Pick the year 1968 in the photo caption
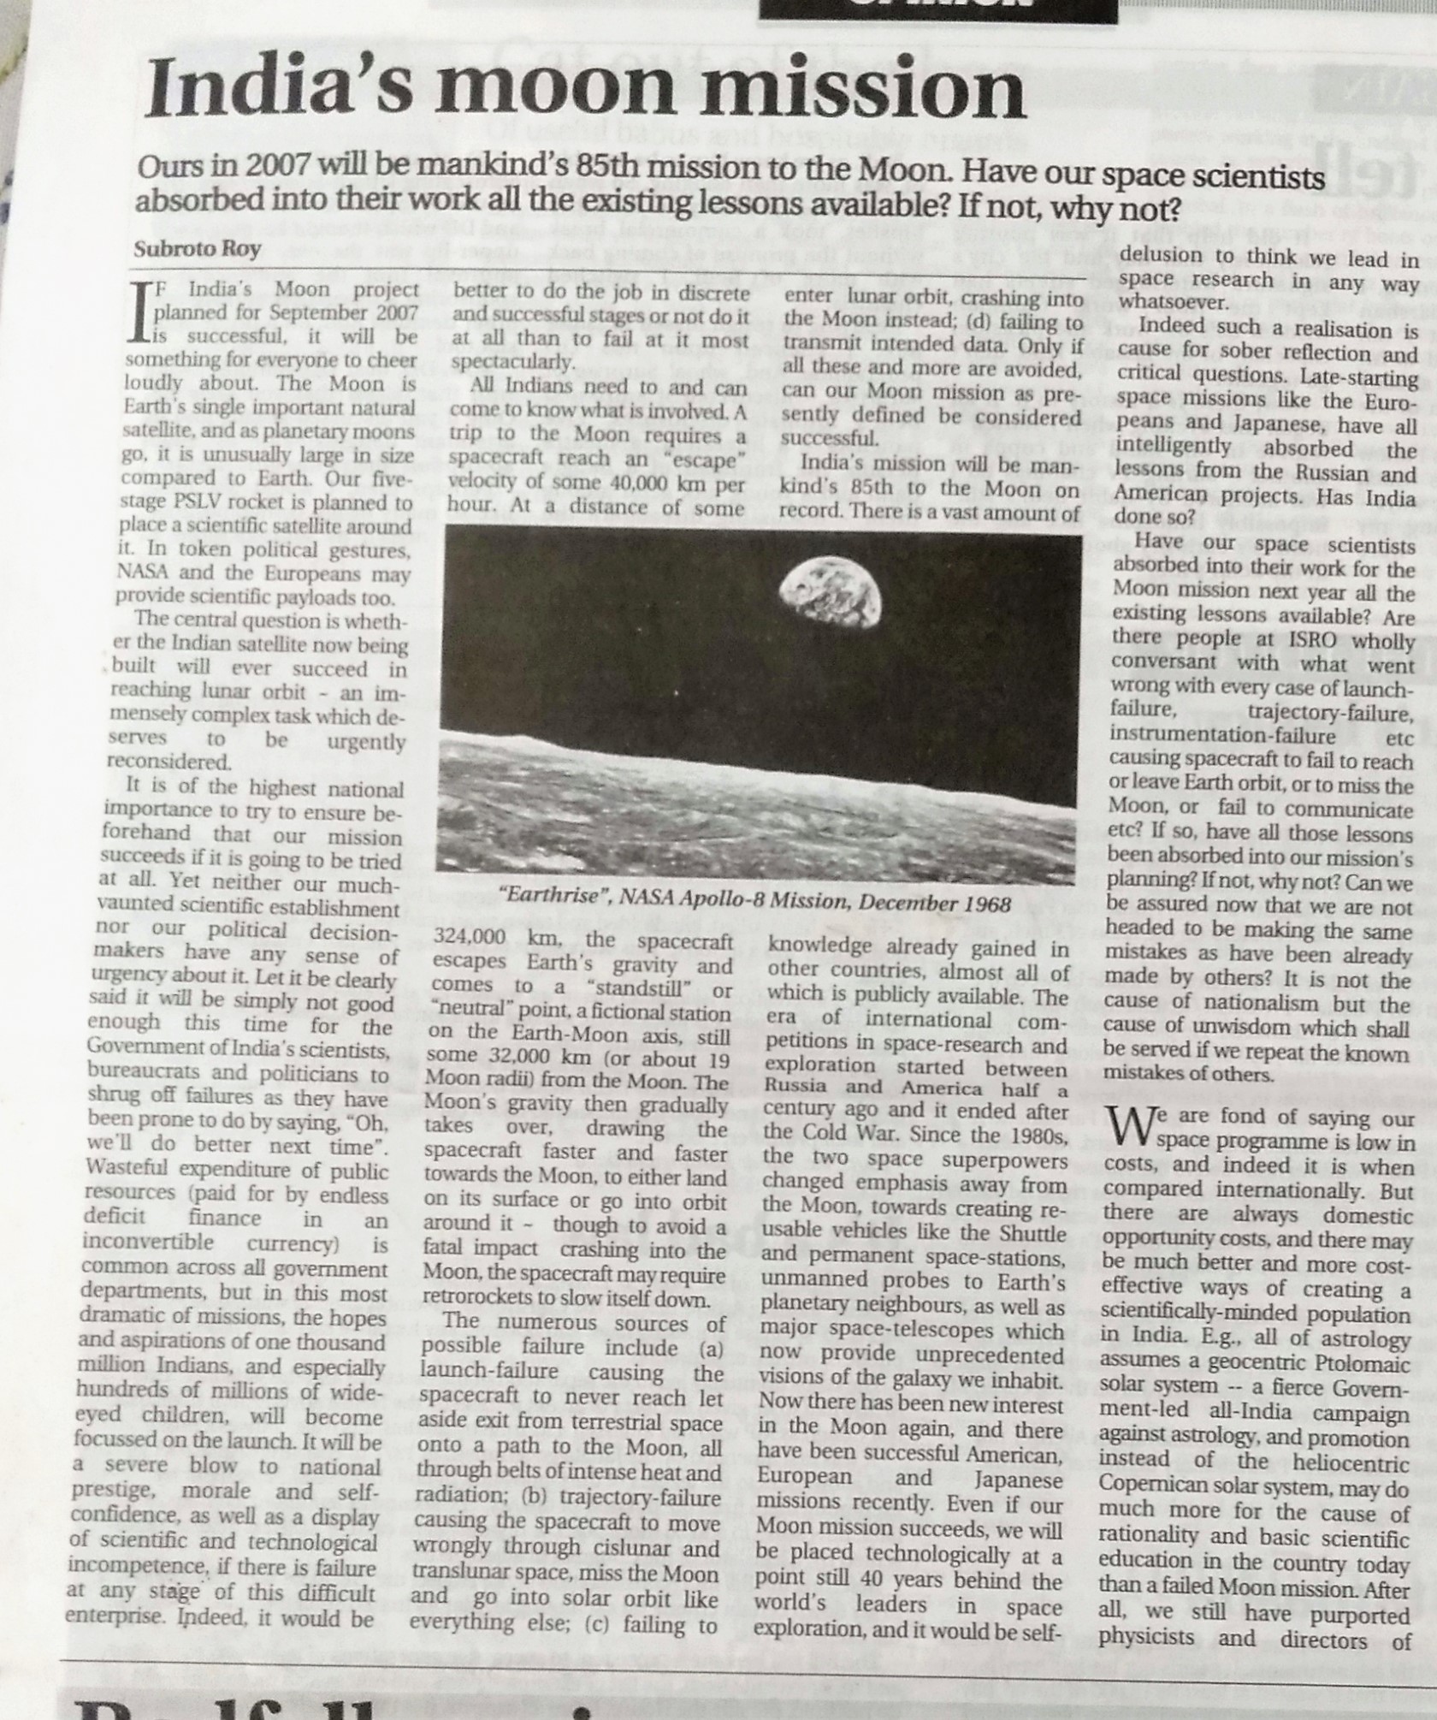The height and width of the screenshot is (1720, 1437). pyautogui.click(x=979, y=904)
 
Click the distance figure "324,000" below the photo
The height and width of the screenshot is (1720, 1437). pyautogui.click(x=475, y=940)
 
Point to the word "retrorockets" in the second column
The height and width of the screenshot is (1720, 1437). pyautogui.click(x=484, y=1300)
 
